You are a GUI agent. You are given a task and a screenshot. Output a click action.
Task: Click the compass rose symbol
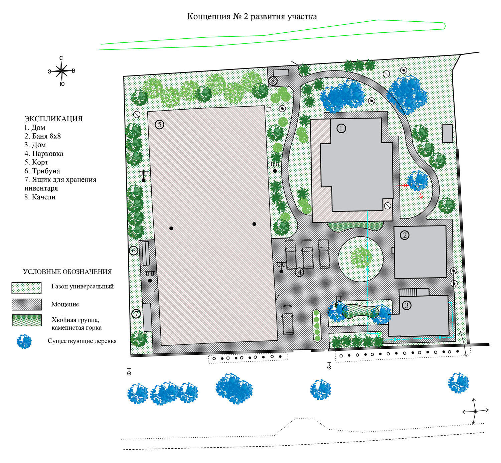[x=61, y=70]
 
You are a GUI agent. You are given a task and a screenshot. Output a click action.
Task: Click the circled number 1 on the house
[x=341, y=128]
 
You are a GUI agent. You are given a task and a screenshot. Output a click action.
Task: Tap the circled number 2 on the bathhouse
[x=405, y=235]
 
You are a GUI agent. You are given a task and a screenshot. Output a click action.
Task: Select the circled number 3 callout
[x=406, y=305]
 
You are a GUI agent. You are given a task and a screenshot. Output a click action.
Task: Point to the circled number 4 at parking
[x=300, y=272]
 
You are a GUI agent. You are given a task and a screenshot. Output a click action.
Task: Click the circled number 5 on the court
[x=159, y=125]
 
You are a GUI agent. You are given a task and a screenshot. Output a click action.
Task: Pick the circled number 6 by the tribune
[x=134, y=251]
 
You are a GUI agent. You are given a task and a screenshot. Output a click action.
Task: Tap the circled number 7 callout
[x=136, y=314]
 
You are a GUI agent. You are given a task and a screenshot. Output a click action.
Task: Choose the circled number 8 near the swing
[x=273, y=81]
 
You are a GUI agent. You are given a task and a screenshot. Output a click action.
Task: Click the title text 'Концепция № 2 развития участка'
[x=252, y=17]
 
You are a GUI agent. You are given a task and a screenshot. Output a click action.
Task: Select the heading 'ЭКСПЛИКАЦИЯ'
[x=53, y=119]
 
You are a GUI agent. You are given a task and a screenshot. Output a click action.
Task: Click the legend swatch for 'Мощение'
[x=27, y=304]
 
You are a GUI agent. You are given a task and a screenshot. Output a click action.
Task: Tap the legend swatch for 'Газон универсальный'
[x=26, y=288]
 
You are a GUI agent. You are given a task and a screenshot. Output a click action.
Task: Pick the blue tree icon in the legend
[x=24, y=342]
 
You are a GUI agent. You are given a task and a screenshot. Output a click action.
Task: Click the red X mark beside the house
[x=405, y=185]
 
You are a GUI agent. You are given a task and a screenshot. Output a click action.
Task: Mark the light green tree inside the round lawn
[x=361, y=258]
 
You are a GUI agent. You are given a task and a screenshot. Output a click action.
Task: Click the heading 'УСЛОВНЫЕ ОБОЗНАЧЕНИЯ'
[x=67, y=272]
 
